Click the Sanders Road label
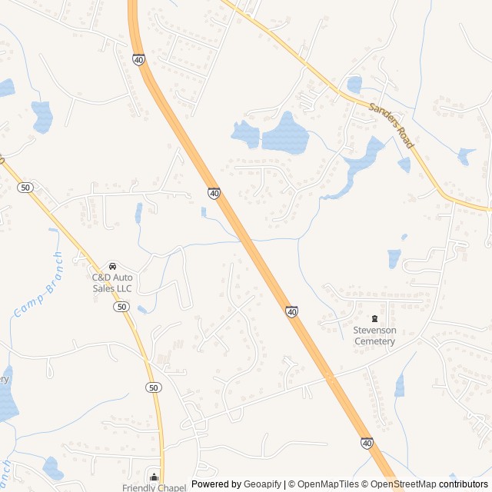click(x=391, y=126)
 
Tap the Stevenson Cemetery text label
click(x=374, y=335)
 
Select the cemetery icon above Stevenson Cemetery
click(x=374, y=318)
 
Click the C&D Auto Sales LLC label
click(x=112, y=282)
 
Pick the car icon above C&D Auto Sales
click(x=112, y=266)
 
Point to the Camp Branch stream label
click(x=38, y=285)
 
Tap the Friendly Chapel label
click(x=154, y=487)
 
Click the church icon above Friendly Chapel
click(x=154, y=477)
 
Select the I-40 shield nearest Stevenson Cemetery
click(x=291, y=311)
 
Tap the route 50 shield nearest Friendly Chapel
click(x=154, y=388)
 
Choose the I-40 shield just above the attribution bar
click(x=367, y=443)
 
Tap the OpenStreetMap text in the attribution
click(x=404, y=484)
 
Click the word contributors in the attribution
click(x=464, y=484)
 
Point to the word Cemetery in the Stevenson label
click(x=374, y=341)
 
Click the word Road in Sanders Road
click(x=404, y=138)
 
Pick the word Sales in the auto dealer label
click(x=103, y=288)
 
